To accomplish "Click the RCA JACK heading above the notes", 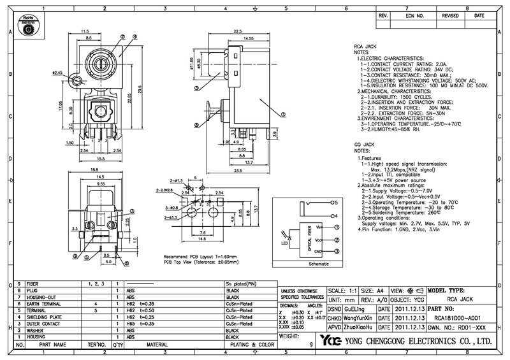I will tap(365, 48).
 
